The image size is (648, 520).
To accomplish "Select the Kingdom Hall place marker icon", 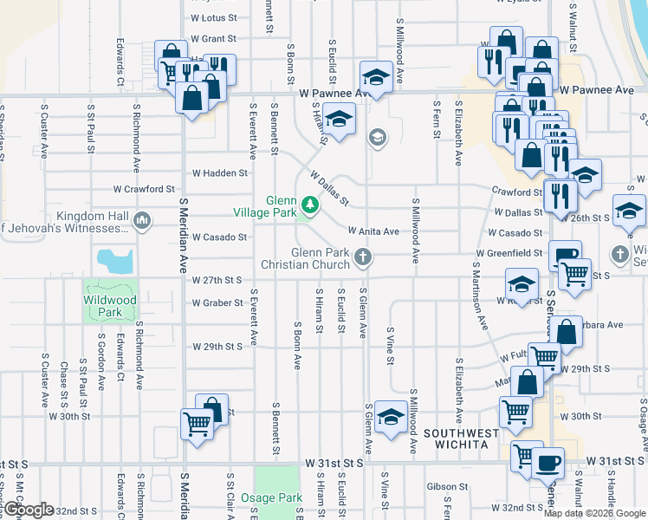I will [x=142, y=222].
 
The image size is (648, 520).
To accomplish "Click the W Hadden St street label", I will [x=220, y=173].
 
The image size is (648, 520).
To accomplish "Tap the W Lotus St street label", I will [x=213, y=17].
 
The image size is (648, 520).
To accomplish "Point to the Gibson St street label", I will [x=447, y=487].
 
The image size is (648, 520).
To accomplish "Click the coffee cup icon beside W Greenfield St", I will [x=566, y=255].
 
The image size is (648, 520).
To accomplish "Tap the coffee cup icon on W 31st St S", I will [x=547, y=461].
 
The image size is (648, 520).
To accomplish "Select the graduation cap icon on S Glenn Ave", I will [x=392, y=417].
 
